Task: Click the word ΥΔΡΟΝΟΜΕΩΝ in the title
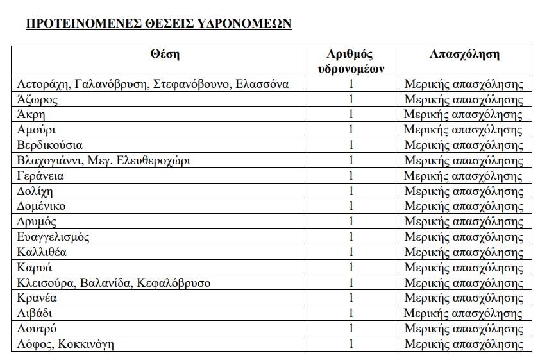coord(247,24)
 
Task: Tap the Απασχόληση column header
coord(464,54)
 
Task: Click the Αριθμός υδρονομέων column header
coord(350,61)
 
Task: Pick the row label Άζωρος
coord(38,99)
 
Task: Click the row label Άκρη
coord(32,115)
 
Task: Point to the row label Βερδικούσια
coord(51,145)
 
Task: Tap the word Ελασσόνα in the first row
coord(263,84)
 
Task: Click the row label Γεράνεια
coord(42,176)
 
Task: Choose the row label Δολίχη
coord(36,191)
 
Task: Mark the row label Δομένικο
coord(42,206)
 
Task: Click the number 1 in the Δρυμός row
coord(351,221)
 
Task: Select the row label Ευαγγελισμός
coord(54,237)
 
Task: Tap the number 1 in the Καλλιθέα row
coord(351,252)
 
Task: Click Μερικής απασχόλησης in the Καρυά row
coord(464,268)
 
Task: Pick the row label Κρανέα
coord(38,298)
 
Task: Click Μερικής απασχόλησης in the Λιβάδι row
coord(464,313)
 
